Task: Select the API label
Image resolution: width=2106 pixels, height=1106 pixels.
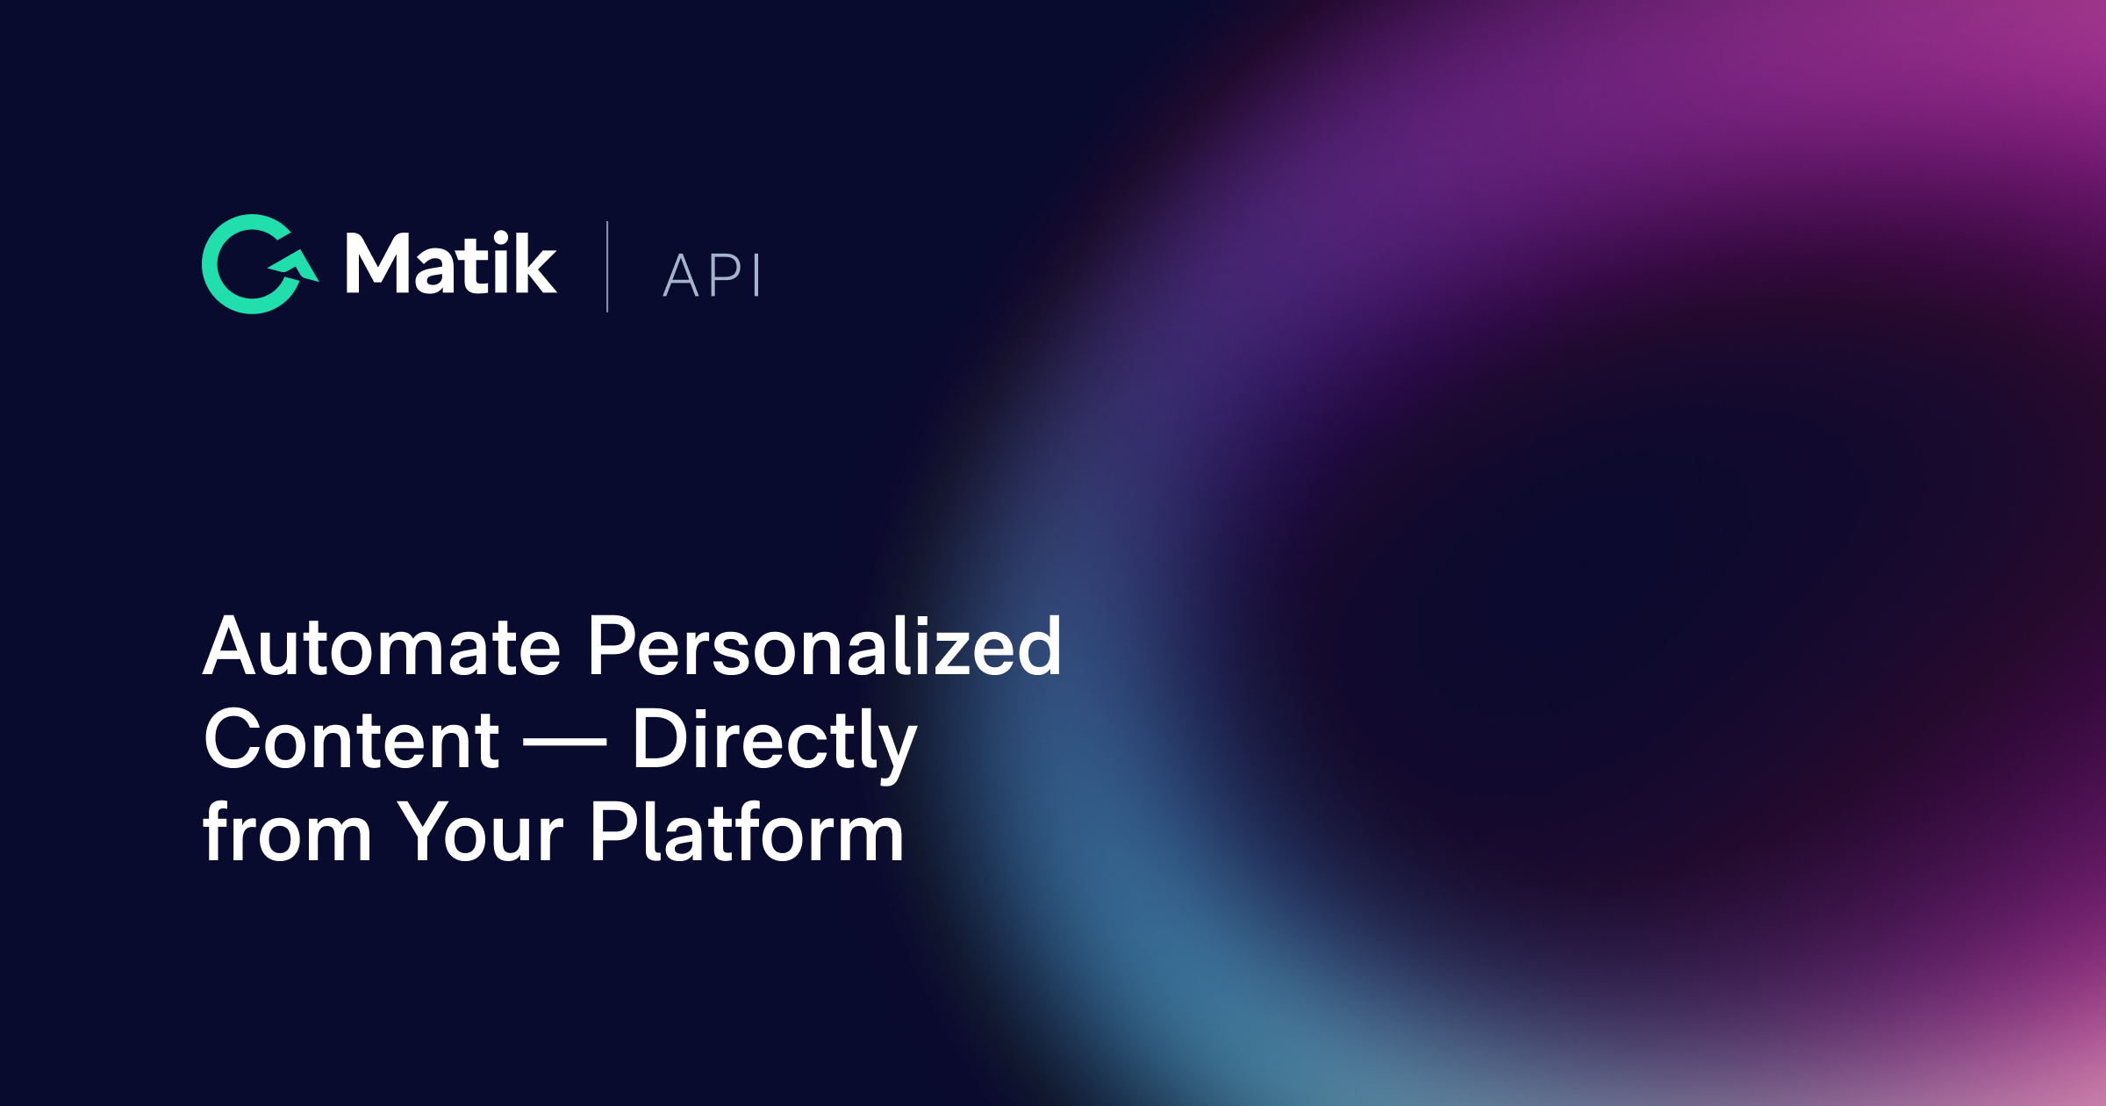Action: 712,276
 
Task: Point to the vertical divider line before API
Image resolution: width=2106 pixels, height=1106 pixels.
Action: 607,267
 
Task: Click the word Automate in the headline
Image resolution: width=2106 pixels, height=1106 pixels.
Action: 382,647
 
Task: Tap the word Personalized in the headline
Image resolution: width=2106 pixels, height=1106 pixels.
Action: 825,647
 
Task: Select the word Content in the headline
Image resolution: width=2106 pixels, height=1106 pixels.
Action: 351,740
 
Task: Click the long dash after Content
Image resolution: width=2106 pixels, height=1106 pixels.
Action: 565,743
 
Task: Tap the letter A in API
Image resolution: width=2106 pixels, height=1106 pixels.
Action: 680,276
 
